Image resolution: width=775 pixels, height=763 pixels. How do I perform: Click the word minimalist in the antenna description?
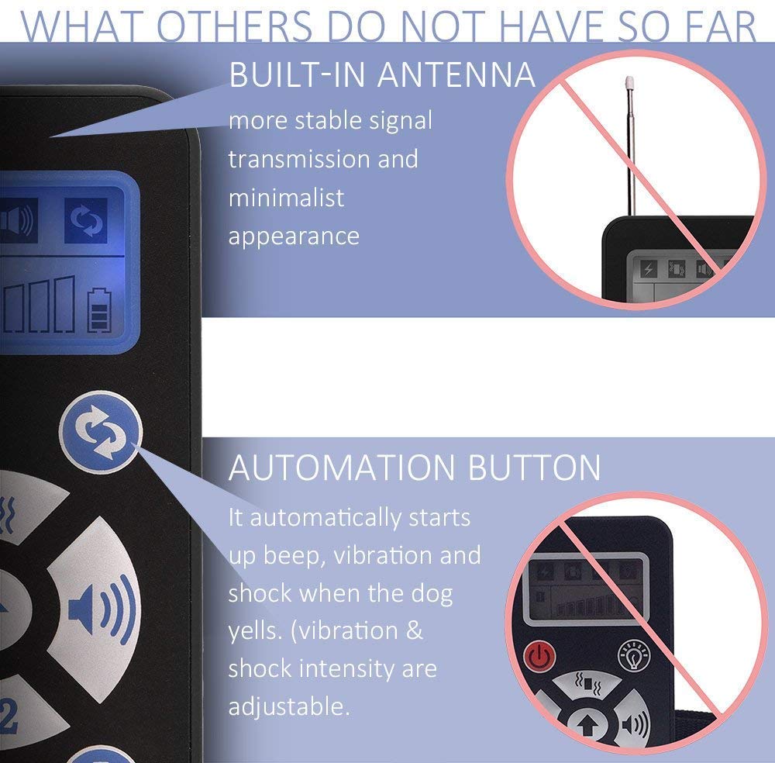click(x=286, y=197)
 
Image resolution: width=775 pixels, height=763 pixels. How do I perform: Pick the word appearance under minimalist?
click(x=294, y=236)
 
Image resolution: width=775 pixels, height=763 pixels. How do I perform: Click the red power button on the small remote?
click(x=540, y=657)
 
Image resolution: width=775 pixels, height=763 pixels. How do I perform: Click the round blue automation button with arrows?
click(x=101, y=431)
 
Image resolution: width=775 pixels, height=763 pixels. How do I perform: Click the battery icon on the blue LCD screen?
click(x=98, y=310)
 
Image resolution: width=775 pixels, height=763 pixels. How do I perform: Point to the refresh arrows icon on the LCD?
click(x=84, y=220)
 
